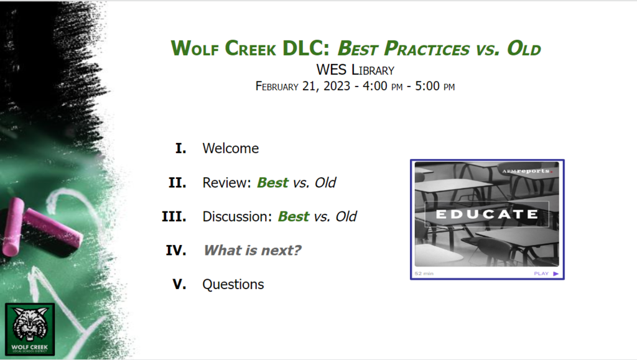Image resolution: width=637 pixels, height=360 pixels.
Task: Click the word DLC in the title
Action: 305,48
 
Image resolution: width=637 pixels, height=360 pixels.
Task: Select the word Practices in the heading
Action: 427,48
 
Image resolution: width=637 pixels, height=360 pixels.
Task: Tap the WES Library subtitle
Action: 355,70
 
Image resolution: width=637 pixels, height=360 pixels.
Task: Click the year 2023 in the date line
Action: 337,86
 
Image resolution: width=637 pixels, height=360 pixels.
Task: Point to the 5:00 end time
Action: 427,86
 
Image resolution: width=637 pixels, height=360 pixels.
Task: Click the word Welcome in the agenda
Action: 230,148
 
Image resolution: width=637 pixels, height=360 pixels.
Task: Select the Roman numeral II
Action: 177,183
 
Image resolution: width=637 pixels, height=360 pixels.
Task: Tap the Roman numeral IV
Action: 176,251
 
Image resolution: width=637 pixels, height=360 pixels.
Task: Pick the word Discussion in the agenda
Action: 237,216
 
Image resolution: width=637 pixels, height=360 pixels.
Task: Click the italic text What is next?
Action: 253,251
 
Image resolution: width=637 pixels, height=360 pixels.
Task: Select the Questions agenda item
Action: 233,285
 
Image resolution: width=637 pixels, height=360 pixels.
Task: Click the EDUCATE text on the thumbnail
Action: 486,214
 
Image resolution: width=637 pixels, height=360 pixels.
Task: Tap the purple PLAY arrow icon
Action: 556,274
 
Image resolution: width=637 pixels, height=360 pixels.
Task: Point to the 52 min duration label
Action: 424,274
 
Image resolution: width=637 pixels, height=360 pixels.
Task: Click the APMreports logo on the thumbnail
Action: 527,171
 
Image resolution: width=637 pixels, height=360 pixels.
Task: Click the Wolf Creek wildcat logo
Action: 30,329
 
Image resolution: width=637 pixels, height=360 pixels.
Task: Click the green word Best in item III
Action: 294,216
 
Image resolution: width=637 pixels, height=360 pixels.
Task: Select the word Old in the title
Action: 524,48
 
